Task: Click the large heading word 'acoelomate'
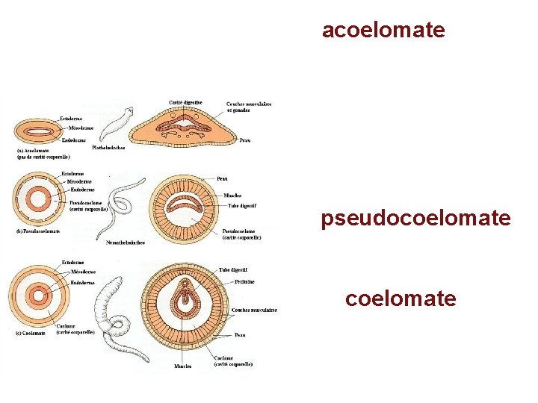(383, 30)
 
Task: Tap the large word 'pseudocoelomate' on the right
(416, 218)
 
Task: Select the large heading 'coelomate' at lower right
(401, 299)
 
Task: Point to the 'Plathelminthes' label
(108, 148)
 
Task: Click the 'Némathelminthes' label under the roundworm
(126, 243)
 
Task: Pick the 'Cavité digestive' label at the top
(185, 102)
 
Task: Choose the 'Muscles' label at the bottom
(182, 366)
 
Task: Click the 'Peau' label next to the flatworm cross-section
(244, 140)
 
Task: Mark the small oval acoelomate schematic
(36, 131)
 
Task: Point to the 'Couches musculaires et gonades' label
(248, 107)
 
